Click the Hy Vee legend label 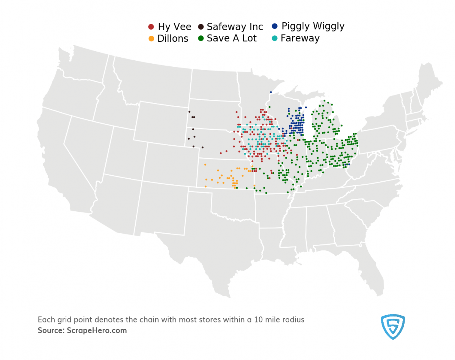[x=174, y=27]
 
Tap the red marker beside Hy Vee [x=151, y=27]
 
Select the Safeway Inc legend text [x=235, y=27]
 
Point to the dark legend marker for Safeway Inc [x=201, y=27]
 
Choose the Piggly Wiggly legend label [x=313, y=26]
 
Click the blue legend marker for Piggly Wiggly [x=275, y=26]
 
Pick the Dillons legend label [x=173, y=39]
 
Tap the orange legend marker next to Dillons [x=151, y=39]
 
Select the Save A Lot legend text [x=232, y=38]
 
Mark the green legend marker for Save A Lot [x=201, y=38]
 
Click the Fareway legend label [x=300, y=38]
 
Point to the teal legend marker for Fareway [x=275, y=38]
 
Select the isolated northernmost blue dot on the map [x=271, y=92]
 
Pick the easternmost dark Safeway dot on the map [x=202, y=147]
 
